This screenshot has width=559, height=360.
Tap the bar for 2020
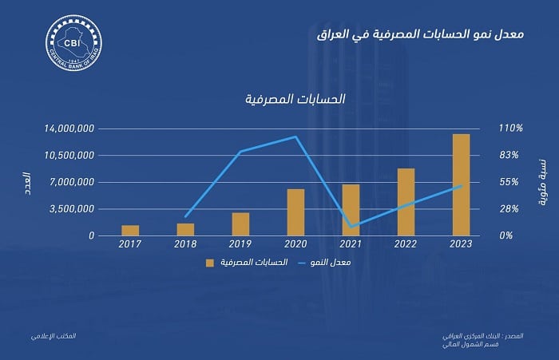[295, 212]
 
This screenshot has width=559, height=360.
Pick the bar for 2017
[130, 231]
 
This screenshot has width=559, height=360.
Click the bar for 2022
[406, 202]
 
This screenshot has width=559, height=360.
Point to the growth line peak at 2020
[295, 136]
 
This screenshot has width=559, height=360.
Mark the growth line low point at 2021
[351, 227]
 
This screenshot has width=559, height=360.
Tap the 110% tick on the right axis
[511, 129]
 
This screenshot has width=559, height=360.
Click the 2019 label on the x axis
[240, 244]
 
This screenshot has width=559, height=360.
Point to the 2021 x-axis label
[351, 244]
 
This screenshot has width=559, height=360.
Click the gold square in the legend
[211, 262]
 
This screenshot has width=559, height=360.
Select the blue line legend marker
[303, 262]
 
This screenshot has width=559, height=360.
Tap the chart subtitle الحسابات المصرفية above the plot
[295, 100]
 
